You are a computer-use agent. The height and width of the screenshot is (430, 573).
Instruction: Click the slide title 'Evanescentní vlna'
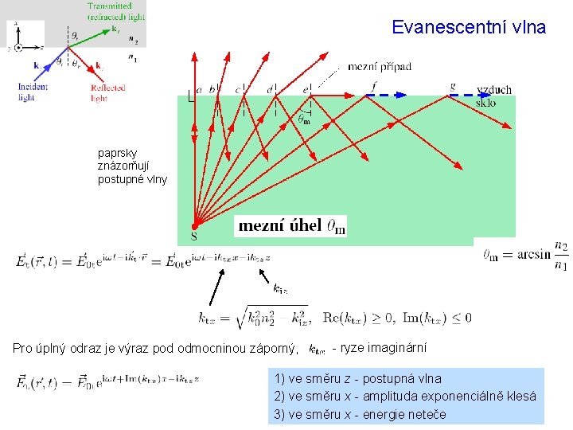click(x=469, y=27)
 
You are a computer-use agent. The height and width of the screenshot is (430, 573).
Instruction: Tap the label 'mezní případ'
click(x=380, y=67)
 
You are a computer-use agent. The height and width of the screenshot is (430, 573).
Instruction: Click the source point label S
click(x=194, y=236)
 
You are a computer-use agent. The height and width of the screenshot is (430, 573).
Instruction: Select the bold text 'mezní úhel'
click(x=280, y=226)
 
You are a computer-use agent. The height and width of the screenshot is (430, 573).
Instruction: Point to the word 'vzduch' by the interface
click(x=494, y=90)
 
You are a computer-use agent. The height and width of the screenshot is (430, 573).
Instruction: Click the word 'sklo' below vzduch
click(x=485, y=102)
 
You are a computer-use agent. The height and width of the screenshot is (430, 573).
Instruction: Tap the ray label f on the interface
click(x=374, y=85)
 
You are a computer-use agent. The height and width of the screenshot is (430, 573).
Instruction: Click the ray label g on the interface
click(x=452, y=85)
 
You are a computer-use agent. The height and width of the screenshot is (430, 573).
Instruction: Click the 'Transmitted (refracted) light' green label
click(x=115, y=11)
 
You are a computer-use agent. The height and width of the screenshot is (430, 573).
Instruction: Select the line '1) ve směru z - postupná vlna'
click(x=357, y=379)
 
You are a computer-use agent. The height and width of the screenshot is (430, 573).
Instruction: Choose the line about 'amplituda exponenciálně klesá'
click(x=405, y=397)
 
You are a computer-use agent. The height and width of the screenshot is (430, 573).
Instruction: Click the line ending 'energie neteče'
click(x=360, y=414)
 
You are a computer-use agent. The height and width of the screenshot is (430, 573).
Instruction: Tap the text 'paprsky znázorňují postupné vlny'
click(x=132, y=166)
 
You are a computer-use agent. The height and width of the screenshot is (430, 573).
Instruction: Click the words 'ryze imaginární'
click(x=384, y=348)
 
